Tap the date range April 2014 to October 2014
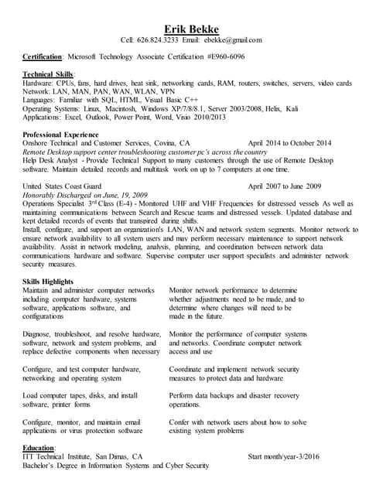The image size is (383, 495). (289, 143)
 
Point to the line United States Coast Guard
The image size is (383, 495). (62, 186)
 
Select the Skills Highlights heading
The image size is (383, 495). (51, 282)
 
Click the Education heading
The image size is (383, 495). (39, 448)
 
